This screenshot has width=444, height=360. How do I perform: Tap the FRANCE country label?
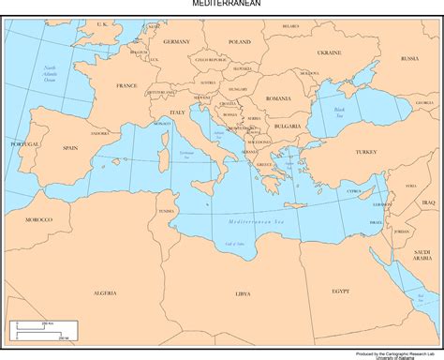click(126, 85)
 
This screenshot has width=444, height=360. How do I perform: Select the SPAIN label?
click(70, 148)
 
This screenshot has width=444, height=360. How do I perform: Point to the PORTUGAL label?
click(25, 144)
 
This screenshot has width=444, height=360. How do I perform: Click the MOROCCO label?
click(38, 218)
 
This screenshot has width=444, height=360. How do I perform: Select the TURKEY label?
click(364, 151)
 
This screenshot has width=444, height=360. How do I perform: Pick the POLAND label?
click(240, 42)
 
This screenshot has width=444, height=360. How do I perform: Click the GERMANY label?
click(176, 42)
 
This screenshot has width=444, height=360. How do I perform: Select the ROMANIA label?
click(278, 98)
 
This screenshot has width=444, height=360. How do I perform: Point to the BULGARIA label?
click(287, 126)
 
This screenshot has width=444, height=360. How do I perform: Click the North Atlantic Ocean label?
click(50, 71)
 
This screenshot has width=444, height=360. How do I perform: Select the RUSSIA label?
click(409, 58)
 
